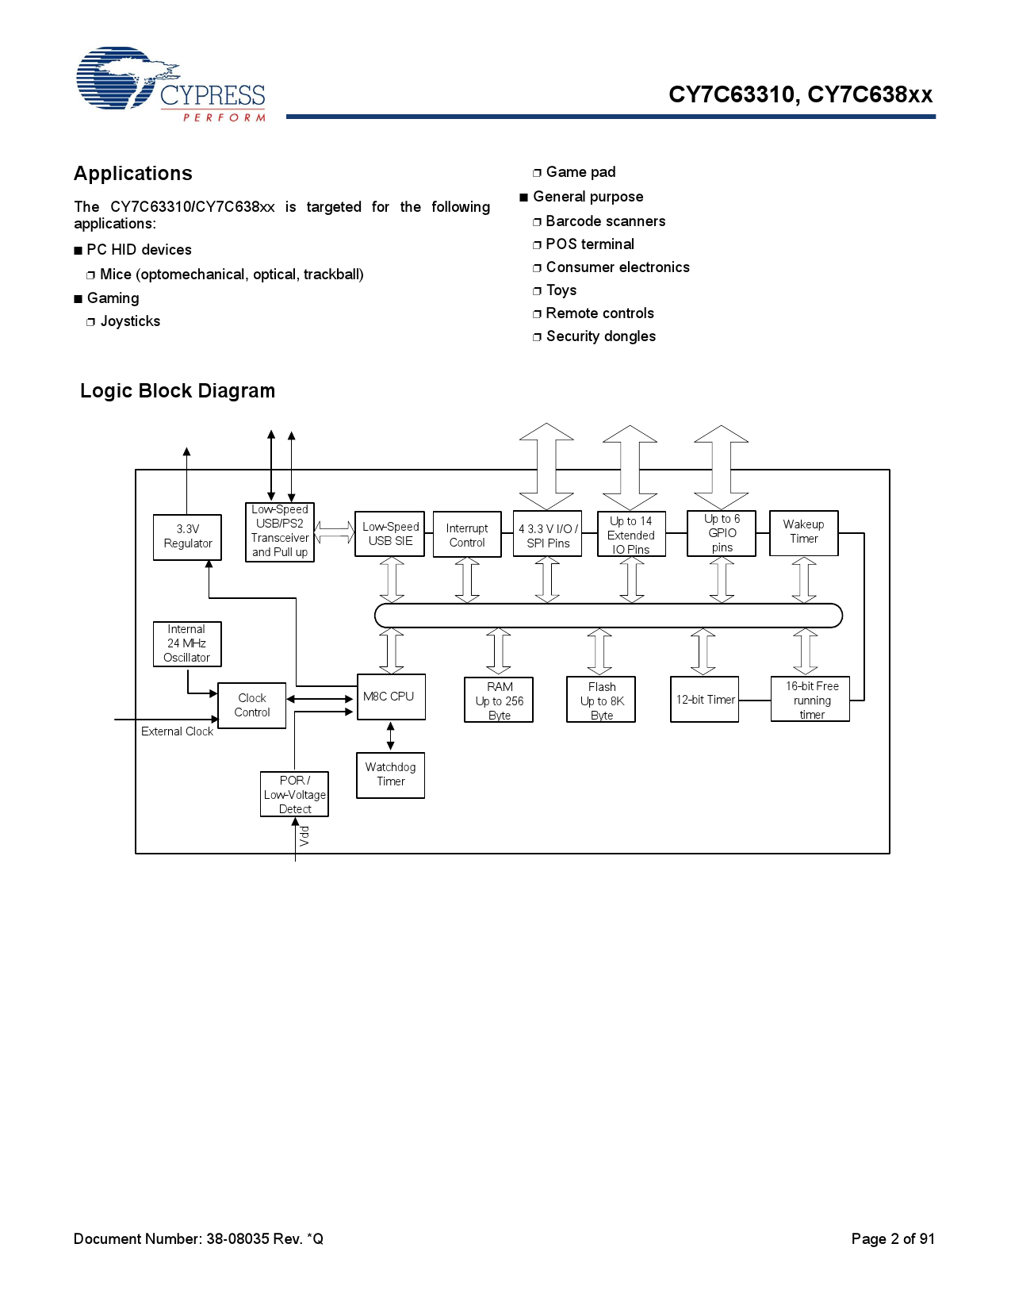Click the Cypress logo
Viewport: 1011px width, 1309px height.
[170, 84]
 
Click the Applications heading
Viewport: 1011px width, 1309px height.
[133, 174]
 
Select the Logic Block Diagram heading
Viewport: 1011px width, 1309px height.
[178, 391]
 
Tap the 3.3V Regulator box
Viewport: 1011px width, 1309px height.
[187, 537]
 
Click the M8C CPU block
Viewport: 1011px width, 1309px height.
[391, 697]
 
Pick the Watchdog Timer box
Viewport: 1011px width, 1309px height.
[390, 774]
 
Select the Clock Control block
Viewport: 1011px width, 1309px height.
[251, 705]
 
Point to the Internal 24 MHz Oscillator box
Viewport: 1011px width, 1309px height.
[186, 643]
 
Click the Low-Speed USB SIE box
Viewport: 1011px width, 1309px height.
[389, 534]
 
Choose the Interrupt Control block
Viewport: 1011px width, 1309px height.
[467, 535]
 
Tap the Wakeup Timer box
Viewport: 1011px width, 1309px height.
[803, 532]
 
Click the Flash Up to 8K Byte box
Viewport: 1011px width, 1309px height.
[601, 700]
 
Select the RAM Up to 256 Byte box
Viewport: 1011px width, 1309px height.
[499, 700]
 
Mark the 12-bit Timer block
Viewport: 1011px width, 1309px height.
[704, 700]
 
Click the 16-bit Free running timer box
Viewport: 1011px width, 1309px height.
[810, 700]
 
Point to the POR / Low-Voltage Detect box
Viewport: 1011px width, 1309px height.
[294, 794]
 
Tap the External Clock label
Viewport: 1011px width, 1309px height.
[177, 731]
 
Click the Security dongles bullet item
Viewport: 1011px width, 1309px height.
[600, 336]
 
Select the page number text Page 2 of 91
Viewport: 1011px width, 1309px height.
[893, 1239]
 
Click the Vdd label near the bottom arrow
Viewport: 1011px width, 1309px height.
[304, 835]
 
